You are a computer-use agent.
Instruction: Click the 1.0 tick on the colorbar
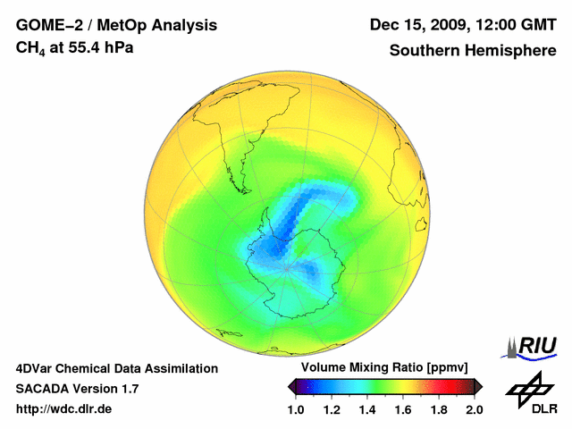[296, 409]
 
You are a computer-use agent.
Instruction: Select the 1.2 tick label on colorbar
[332, 409]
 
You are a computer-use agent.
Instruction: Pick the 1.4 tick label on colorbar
[367, 409]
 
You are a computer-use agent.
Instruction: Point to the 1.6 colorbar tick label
[403, 409]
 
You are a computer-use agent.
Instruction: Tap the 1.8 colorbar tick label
[439, 409]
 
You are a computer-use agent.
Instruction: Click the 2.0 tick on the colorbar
[474, 409]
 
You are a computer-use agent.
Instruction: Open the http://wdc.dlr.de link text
[64, 409]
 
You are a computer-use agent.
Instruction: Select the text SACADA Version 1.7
[77, 389]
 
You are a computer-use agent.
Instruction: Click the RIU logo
[532, 347]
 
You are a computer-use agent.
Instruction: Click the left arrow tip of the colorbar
[290, 386]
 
